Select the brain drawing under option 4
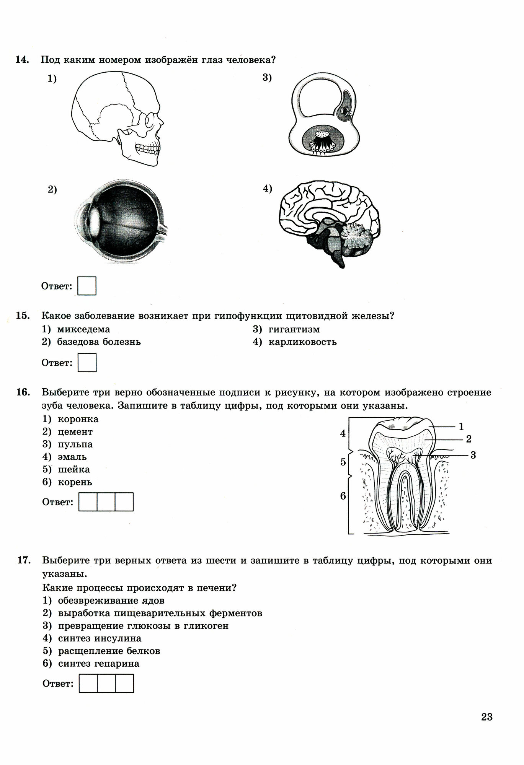click(x=329, y=222)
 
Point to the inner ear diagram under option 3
click(x=324, y=119)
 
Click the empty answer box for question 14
click(x=87, y=286)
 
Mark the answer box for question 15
click(x=87, y=363)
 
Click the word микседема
click(x=83, y=329)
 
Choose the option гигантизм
click(x=294, y=329)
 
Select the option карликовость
click(x=302, y=342)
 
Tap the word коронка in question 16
click(x=78, y=419)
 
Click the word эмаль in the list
click(x=72, y=457)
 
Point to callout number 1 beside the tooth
click(x=461, y=426)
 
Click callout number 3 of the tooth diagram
click(x=473, y=455)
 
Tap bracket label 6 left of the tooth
click(x=343, y=496)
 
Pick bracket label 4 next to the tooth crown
click(x=343, y=433)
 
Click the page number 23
click(x=486, y=717)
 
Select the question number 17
click(x=24, y=561)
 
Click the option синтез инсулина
click(x=100, y=638)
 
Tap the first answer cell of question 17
click(x=88, y=684)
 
